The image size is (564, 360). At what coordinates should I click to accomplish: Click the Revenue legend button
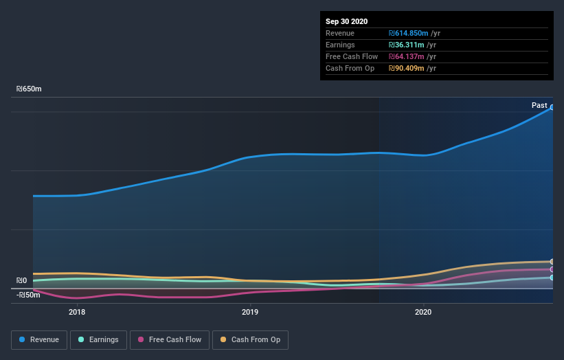pyautogui.click(x=39, y=339)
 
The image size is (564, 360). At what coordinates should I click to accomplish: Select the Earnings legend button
pyautogui.click(x=98, y=339)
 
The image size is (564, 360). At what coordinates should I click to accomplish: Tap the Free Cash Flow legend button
pyautogui.click(x=169, y=339)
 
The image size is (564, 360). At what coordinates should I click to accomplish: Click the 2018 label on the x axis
pyautogui.click(x=77, y=312)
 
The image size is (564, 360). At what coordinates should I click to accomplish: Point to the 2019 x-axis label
pyautogui.click(x=250, y=312)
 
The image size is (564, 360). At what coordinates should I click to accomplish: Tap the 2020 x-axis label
pyautogui.click(x=423, y=312)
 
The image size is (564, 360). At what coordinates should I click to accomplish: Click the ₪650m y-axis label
pyautogui.click(x=29, y=89)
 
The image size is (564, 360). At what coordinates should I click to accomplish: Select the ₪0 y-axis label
pyautogui.click(x=23, y=280)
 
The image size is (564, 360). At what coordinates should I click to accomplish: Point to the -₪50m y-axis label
pyautogui.click(x=28, y=295)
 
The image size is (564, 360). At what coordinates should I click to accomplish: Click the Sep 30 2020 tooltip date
pyautogui.click(x=346, y=21)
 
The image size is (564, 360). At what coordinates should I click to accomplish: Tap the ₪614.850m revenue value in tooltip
pyautogui.click(x=408, y=33)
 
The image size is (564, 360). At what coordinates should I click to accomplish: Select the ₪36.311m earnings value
pyautogui.click(x=405, y=45)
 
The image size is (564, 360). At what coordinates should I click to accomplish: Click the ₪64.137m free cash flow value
pyautogui.click(x=405, y=56)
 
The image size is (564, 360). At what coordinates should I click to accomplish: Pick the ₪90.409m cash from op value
pyautogui.click(x=405, y=68)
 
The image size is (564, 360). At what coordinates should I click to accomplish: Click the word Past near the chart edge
pyautogui.click(x=539, y=105)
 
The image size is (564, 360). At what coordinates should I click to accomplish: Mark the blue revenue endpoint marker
pyautogui.click(x=552, y=107)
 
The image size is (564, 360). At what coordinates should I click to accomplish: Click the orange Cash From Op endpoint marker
pyautogui.click(x=552, y=262)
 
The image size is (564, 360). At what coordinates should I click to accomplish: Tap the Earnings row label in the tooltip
pyautogui.click(x=341, y=45)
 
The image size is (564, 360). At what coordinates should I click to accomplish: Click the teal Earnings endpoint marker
pyautogui.click(x=552, y=278)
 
